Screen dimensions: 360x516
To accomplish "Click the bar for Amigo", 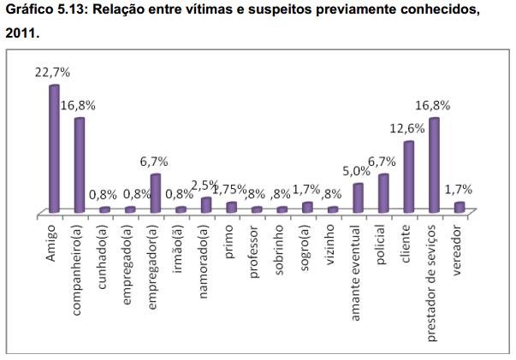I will (x=54, y=149).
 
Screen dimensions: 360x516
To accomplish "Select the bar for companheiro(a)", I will (x=79, y=165).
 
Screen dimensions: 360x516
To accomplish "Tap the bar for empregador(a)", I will (x=155, y=192).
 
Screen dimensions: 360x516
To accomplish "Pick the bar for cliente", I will (x=409, y=176).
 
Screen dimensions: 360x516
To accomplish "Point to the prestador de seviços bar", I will (x=434, y=165).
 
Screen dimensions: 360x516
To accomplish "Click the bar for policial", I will (x=383, y=192).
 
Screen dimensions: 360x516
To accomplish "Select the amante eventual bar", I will (x=358, y=198).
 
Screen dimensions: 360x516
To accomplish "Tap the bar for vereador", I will (x=460, y=206).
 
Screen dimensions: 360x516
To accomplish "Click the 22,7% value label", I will (x=51, y=74).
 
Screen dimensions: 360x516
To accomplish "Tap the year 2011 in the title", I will (x=21, y=36).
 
